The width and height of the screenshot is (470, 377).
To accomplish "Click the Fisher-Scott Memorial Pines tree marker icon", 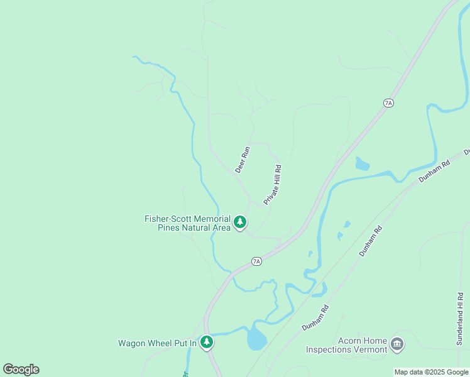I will point(239,222).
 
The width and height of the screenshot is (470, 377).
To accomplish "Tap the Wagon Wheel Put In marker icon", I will point(207,342).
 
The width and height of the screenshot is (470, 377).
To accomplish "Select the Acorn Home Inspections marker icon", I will point(396,344).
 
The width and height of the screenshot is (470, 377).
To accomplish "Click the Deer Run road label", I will point(243,160).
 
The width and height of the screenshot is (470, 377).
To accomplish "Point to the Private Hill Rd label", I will point(273,184).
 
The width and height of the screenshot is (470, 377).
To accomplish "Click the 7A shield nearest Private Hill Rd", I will point(256,261).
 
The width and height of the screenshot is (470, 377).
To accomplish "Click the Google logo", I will point(21,369).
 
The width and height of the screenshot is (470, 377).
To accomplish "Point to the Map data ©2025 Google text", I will point(431,372).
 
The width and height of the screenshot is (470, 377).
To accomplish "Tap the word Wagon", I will point(132,343).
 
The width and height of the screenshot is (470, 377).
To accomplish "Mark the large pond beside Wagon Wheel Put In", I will point(256,339).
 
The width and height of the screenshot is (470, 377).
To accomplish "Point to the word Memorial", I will point(214,219).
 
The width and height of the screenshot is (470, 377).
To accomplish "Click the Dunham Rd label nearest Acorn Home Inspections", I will point(315,318).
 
